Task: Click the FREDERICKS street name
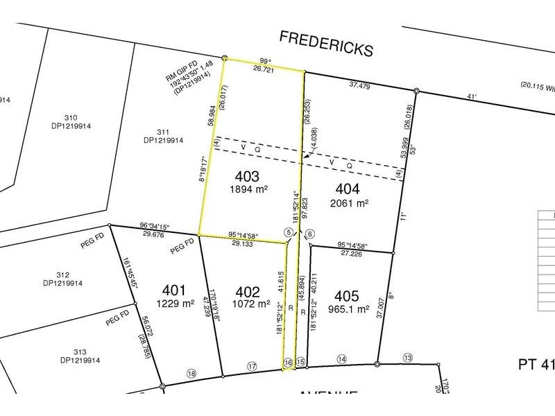[x=325, y=43]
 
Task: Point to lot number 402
[x=248, y=292]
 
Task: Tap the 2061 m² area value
[x=351, y=203]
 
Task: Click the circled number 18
[x=191, y=374]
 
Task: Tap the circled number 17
[x=253, y=366]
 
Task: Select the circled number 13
[x=407, y=357]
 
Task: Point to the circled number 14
[x=341, y=358]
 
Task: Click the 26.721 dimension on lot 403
[x=263, y=70]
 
